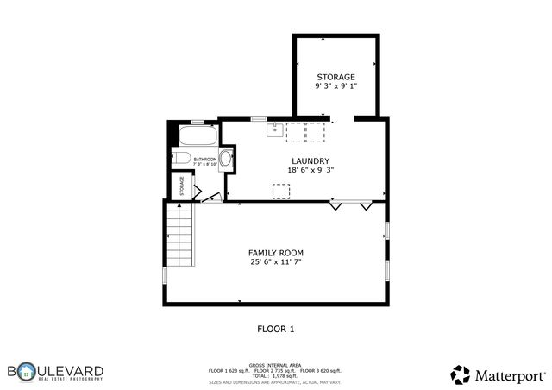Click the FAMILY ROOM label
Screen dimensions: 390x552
(276, 252)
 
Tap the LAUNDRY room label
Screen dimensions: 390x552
(310, 160)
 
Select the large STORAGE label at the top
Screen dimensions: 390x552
(335, 77)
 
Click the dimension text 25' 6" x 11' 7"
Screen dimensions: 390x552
(276, 261)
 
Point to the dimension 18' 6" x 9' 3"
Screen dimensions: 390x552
(310, 170)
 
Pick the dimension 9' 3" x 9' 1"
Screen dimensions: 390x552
(335, 85)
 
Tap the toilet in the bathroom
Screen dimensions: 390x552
(179, 157)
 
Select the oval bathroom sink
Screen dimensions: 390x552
(226, 159)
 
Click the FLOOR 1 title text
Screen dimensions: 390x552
(276, 329)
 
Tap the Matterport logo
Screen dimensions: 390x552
(499, 374)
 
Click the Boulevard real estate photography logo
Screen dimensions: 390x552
(55, 372)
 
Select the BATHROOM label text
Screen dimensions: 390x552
(204, 160)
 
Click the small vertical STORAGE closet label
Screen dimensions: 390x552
(182, 185)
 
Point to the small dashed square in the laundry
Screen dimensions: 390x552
(280, 191)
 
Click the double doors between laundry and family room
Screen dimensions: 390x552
(351, 205)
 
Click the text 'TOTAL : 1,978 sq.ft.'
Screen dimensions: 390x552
(275, 375)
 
